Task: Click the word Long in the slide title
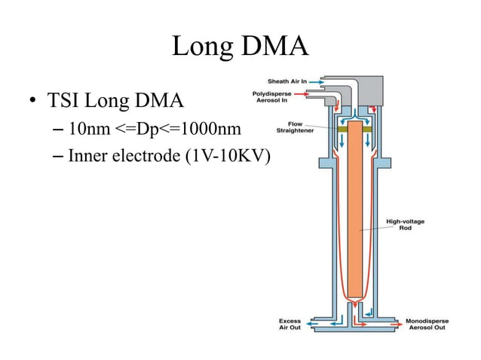[x=200, y=47]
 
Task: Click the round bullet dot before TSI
[x=32, y=101]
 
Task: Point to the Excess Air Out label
[x=290, y=325]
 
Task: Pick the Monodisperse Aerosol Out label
[x=433, y=325]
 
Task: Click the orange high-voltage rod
[x=357, y=218]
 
